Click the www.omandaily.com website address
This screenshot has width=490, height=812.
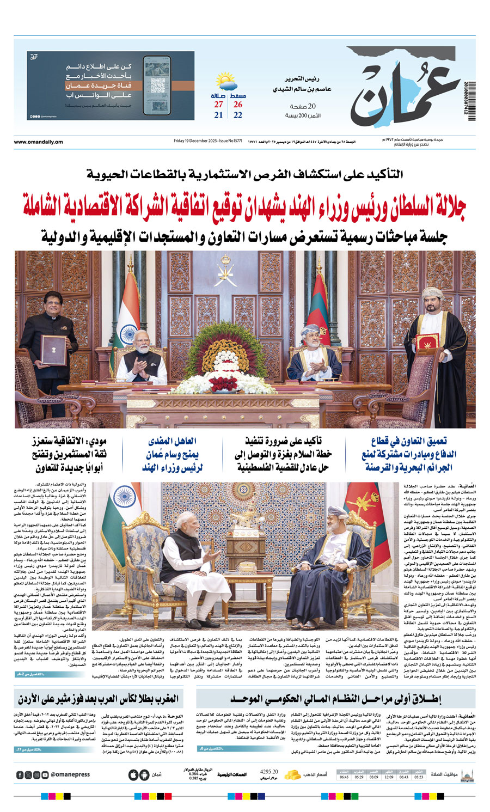[x=38, y=142]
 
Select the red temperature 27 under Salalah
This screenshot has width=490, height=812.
[x=218, y=105]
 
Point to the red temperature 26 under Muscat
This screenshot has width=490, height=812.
[x=238, y=105]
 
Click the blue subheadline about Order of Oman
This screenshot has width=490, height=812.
[x=172, y=454]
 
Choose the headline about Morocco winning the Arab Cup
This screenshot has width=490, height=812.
[x=98, y=699]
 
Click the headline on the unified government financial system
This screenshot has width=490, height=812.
[x=335, y=699]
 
